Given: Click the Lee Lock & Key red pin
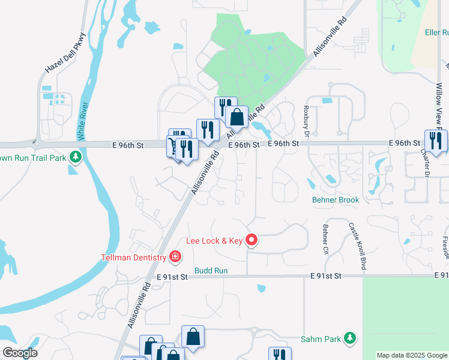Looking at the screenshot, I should pos(252,241).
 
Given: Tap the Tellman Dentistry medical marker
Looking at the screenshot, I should pos(175,257).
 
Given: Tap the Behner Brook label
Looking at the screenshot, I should pos(335,200).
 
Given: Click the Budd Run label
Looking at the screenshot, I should pos(211,271).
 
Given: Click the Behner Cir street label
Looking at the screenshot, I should pos(325,238).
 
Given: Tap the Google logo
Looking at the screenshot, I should pos(20,352).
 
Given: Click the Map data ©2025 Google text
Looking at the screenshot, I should pos(412,355).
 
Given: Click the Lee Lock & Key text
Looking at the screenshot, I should pos(214,241).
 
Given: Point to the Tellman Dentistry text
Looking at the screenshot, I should pos(133,257).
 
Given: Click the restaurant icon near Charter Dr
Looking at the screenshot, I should pos(435,141).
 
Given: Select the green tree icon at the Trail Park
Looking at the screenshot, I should pos(75,157).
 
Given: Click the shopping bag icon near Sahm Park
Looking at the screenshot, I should pos(193,337).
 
